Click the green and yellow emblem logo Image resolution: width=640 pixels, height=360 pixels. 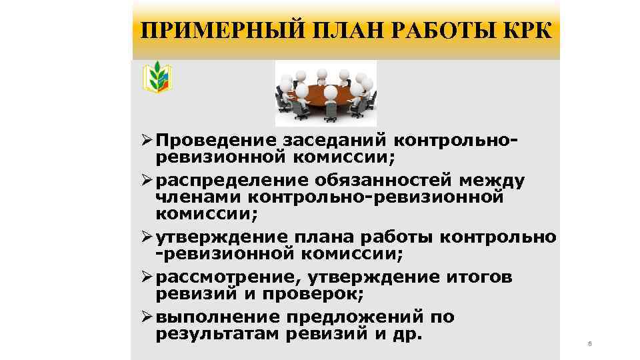coord(158,77)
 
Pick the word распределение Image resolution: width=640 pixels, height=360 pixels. coord(227,181)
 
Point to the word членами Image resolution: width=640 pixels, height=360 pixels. coord(199,197)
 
